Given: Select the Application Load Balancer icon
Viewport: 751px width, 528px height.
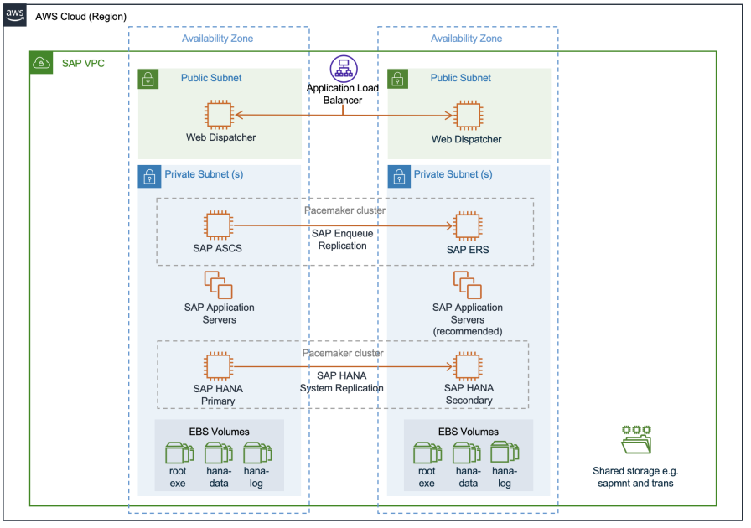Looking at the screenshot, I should coord(342,69).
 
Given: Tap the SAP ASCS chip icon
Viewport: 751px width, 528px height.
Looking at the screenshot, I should coord(219,225).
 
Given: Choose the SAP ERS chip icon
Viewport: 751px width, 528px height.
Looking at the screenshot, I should coord(467,225).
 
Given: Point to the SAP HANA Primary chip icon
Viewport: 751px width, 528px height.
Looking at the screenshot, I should coord(219,365).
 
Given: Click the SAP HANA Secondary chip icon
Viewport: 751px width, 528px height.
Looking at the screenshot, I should coord(467,365).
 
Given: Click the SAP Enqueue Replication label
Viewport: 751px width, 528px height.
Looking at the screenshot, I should coord(342,239).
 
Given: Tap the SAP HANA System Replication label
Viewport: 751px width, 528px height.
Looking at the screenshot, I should coord(342,382).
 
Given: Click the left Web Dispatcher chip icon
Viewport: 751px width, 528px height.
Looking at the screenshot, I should coord(220,115).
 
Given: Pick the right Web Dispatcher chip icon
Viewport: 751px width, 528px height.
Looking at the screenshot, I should coord(467,115).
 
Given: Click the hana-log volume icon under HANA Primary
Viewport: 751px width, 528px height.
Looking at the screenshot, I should coord(256,453).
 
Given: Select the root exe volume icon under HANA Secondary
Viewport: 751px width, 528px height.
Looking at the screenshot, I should coord(427,453).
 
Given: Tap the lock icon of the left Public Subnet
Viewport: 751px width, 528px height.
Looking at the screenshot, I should coord(148,79).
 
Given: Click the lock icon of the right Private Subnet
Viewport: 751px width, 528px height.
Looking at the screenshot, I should coord(397,176).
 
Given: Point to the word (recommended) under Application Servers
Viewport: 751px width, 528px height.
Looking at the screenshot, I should coord(468,331).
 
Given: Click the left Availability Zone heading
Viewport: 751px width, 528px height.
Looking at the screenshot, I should coord(217,39).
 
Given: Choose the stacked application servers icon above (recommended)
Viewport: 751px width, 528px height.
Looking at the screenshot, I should coord(468,285).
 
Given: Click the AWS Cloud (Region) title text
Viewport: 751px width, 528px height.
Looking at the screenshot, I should coord(80,17).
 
